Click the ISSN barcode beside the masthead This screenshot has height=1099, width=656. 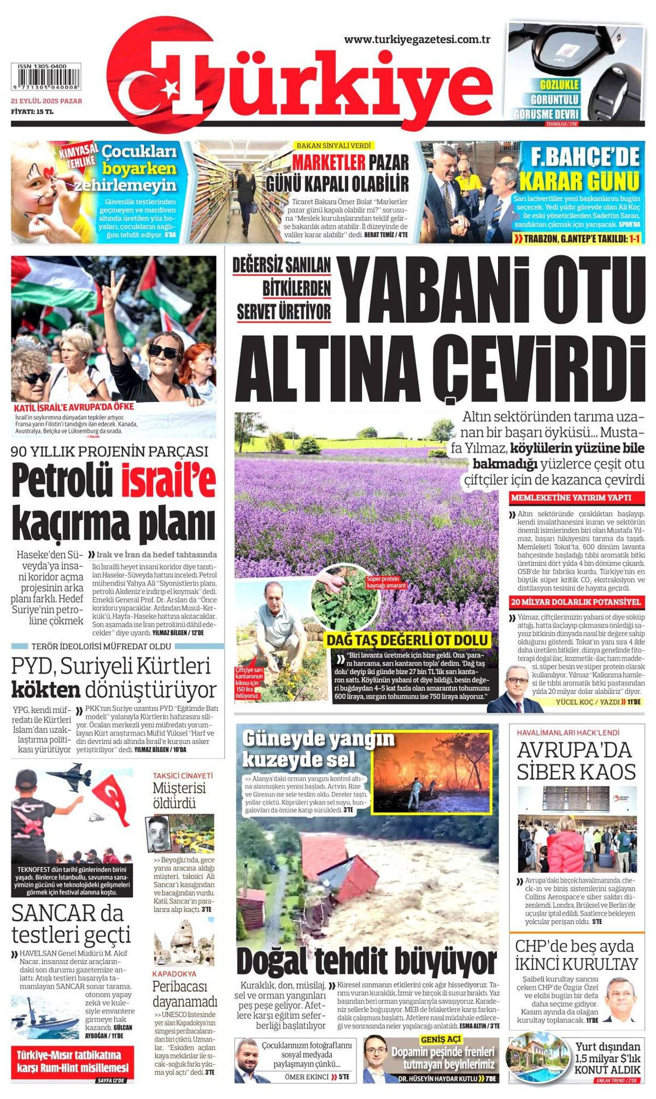46,80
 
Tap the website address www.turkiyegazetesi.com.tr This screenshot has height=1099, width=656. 417,39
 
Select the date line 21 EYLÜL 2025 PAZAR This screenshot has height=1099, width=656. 46,101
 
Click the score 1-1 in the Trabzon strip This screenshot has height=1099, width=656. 633,238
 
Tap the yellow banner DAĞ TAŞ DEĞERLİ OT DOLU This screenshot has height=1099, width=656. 408,640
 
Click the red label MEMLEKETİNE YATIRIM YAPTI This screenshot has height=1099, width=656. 571,498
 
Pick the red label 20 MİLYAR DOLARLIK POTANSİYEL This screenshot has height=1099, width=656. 575,602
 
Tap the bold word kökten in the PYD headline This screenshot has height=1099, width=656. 46,690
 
